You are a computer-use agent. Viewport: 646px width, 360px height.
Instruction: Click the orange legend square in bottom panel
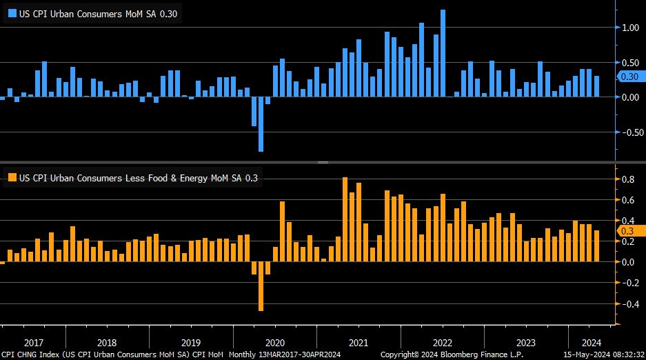(12, 178)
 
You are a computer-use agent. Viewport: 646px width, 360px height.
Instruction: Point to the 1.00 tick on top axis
(630, 28)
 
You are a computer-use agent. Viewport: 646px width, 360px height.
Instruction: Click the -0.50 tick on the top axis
(629, 132)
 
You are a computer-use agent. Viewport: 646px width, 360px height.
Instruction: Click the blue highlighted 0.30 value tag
(630, 77)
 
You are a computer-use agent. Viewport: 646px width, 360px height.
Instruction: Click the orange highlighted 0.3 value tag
(628, 231)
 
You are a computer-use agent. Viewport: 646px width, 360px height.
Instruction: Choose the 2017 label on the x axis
(33, 342)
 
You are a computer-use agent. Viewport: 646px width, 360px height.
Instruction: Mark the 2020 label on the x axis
(274, 342)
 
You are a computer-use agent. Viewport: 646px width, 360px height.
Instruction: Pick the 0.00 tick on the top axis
(630, 97)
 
